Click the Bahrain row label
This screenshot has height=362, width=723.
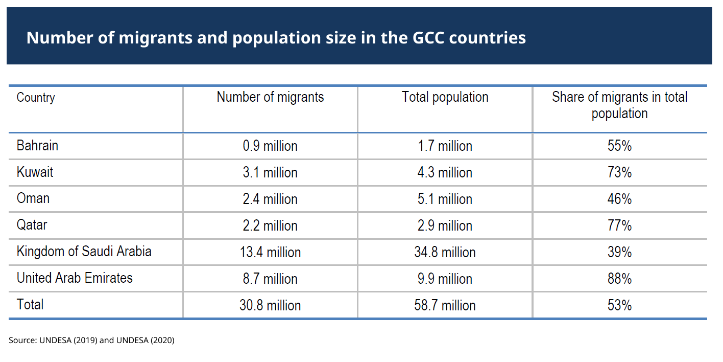tap(37, 146)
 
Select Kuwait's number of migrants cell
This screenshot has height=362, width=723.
tap(270, 173)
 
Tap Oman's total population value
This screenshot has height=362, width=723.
tap(445, 199)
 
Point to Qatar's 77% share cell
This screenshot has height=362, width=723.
tap(619, 226)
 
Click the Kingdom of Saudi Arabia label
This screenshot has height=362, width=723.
tap(84, 252)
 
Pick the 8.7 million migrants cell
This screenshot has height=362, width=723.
tap(270, 279)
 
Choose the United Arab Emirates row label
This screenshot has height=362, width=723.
tap(75, 278)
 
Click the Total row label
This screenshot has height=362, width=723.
tap(30, 305)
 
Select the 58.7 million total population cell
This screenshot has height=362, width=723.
tap(445, 306)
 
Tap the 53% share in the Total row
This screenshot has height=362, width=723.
tap(619, 306)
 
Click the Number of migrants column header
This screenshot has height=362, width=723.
tap(270, 97)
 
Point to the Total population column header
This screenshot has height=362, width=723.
tap(445, 97)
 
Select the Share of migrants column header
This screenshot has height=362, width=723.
tap(619, 105)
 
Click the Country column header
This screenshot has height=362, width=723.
tap(36, 98)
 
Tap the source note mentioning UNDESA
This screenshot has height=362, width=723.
tap(91, 340)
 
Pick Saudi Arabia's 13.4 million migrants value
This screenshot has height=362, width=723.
tap(270, 253)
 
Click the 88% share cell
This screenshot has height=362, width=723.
tap(619, 279)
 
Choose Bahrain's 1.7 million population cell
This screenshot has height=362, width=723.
tap(445, 146)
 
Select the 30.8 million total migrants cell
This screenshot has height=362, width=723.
tap(270, 306)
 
